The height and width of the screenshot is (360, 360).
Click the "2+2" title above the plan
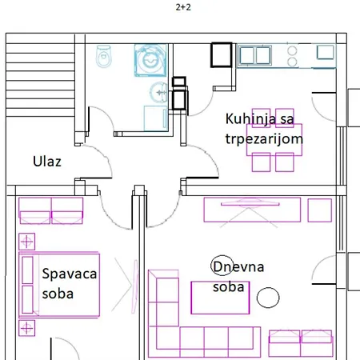pyautogui.click(x=183, y=7)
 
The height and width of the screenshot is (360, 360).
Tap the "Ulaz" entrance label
pyautogui.click(x=47, y=162)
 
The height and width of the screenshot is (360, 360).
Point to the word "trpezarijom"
pyautogui.click(x=264, y=139)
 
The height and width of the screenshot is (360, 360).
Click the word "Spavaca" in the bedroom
pyautogui.click(x=70, y=274)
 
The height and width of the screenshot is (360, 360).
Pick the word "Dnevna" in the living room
pyautogui.click(x=238, y=266)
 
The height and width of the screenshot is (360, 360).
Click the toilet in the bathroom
pyautogui.click(x=103, y=56)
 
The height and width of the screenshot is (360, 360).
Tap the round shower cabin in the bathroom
pyautogui.click(x=150, y=60)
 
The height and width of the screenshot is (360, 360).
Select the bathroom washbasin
pyautogui.click(x=158, y=92)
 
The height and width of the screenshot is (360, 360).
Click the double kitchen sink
pyautogui.click(x=254, y=55)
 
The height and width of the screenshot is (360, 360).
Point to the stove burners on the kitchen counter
pyautogui.click(x=292, y=56)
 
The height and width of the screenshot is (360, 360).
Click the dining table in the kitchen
pyautogui.click(x=274, y=139)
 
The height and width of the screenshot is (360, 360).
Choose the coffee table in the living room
pyautogui.click(x=220, y=298)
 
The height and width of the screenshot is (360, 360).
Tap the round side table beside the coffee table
pyautogui.click(x=268, y=298)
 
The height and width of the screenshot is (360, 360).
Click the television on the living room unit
pyautogui.click(x=250, y=204)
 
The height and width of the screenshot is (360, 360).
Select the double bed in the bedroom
pyautogui.click(x=59, y=285)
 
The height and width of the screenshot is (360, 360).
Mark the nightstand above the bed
pyautogui.click(x=26, y=242)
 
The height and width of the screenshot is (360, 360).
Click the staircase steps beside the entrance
pyautogui.click(x=40, y=80)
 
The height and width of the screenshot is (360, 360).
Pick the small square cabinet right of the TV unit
pyautogui.click(x=320, y=210)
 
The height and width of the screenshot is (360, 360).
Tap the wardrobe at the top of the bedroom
pyautogui.click(x=51, y=210)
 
